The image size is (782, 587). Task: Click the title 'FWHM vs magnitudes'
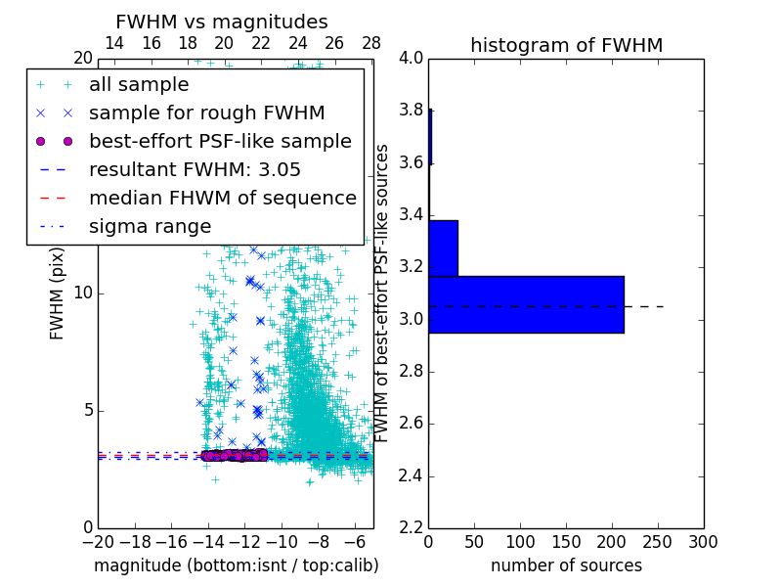[x=221, y=22]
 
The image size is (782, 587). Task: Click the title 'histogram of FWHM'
[x=566, y=45]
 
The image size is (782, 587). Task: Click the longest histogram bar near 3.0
[x=526, y=304]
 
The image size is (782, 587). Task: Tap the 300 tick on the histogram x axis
[x=703, y=541]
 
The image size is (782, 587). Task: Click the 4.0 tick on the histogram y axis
[x=411, y=58]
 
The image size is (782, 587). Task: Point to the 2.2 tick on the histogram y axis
[x=411, y=528]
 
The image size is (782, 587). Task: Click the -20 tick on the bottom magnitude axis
[x=98, y=541]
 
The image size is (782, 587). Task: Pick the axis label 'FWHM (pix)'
[x=58, y=293]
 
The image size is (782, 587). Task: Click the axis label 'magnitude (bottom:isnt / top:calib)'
[x=236, y=565]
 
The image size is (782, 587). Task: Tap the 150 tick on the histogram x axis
[x=566, y=541]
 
